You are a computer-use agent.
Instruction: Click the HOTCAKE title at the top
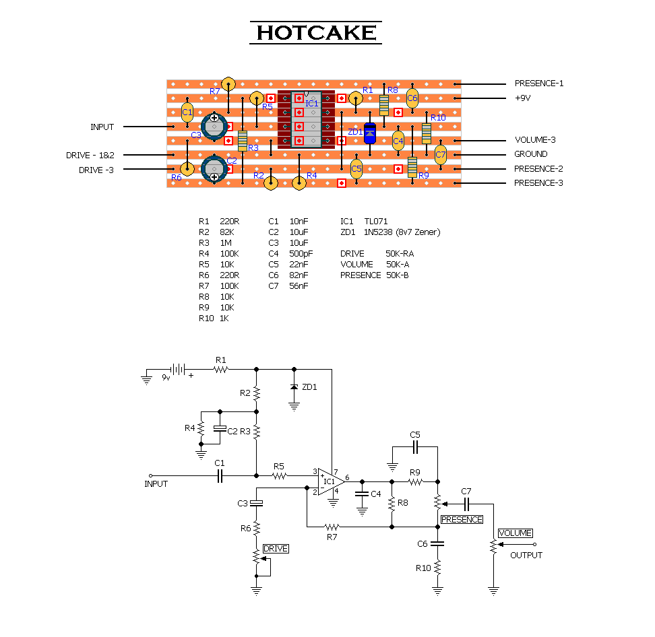coord(315,32)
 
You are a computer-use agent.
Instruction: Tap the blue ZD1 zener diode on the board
coord(369,133)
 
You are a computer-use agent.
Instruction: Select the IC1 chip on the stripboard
coord(307,119)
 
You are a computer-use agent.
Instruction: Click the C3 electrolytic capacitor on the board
coord(214,126)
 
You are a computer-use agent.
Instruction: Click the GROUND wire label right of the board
coord(531,154)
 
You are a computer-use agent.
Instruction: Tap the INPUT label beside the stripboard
coord(102,127)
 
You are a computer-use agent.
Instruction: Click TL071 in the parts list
coord(376,221)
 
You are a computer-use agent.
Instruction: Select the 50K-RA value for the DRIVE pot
coord(400,253)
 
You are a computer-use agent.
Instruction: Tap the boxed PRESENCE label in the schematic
coord(462,519)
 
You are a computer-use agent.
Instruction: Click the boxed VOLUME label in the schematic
coord(515,533)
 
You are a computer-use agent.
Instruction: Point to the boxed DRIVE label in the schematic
coord(276,549)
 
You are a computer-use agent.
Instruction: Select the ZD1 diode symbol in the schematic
coord(294,387)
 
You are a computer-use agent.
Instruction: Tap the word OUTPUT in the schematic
coord(526,556)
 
